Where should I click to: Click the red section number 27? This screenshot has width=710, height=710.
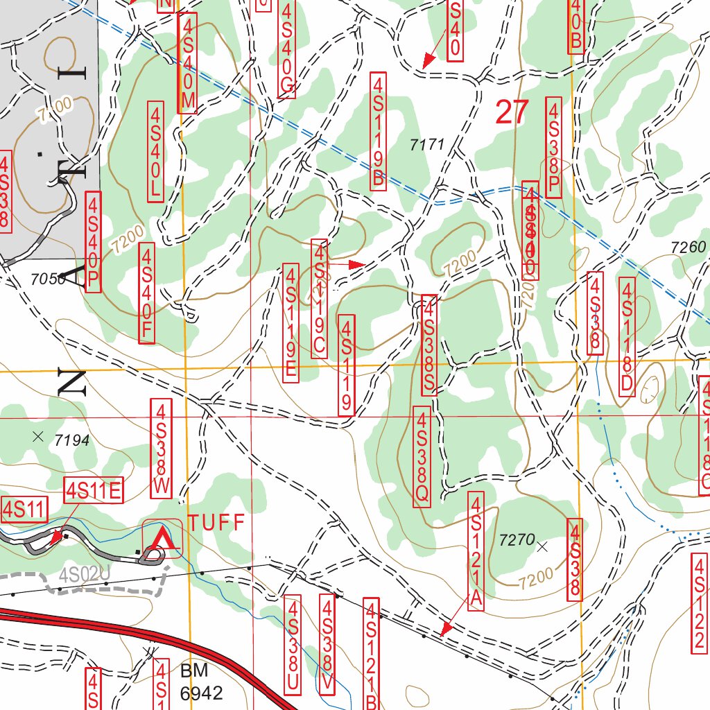[x=512, y=112]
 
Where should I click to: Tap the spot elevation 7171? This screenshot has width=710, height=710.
[x=426, y=145]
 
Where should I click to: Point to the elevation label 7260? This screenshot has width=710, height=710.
[x=689, y=248]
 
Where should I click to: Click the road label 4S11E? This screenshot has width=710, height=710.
[x=94, y=491]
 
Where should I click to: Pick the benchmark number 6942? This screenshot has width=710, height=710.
[x=201, y=693]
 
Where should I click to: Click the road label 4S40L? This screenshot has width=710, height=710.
[x=155, y=151]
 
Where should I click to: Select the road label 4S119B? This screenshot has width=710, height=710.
[x=378, y=132]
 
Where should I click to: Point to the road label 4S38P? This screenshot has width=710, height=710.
[x=553, y=147]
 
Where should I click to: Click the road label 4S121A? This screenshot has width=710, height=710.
[x=476, y=551]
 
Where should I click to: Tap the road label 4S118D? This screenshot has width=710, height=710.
[x=627, y=337]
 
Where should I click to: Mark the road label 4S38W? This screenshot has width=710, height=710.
[x=162, y=448]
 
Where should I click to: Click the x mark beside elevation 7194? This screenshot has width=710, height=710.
[x=38, y=437]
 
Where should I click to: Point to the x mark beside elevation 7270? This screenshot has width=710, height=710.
[x=542, y=546]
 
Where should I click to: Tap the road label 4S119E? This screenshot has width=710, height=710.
[x=291, y=322]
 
